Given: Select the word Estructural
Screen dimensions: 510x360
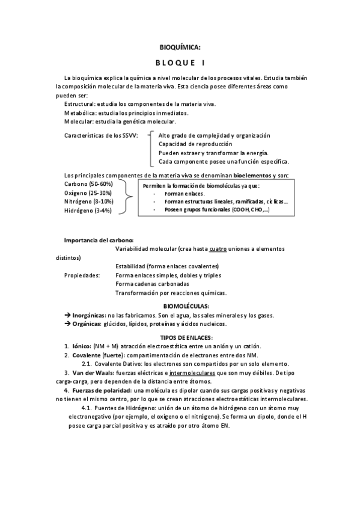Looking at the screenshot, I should point(80,104).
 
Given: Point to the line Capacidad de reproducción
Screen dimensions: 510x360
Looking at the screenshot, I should point(195,144).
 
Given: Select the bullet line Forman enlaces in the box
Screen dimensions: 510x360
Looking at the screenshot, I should point(184,194).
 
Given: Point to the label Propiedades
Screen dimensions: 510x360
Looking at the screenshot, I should point(81,275).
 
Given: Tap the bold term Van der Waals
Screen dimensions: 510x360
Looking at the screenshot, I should point(93,372).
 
